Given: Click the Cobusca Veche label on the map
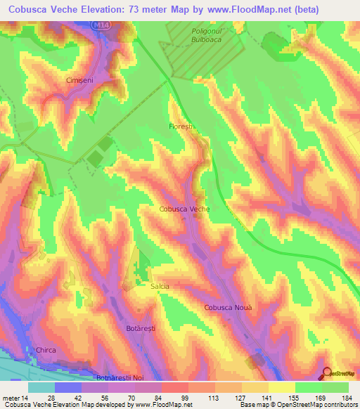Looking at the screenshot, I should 185,209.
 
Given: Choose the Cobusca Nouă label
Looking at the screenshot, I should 227,308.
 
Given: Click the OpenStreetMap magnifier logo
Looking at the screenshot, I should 327,373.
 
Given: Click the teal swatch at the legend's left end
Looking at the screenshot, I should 41,387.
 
